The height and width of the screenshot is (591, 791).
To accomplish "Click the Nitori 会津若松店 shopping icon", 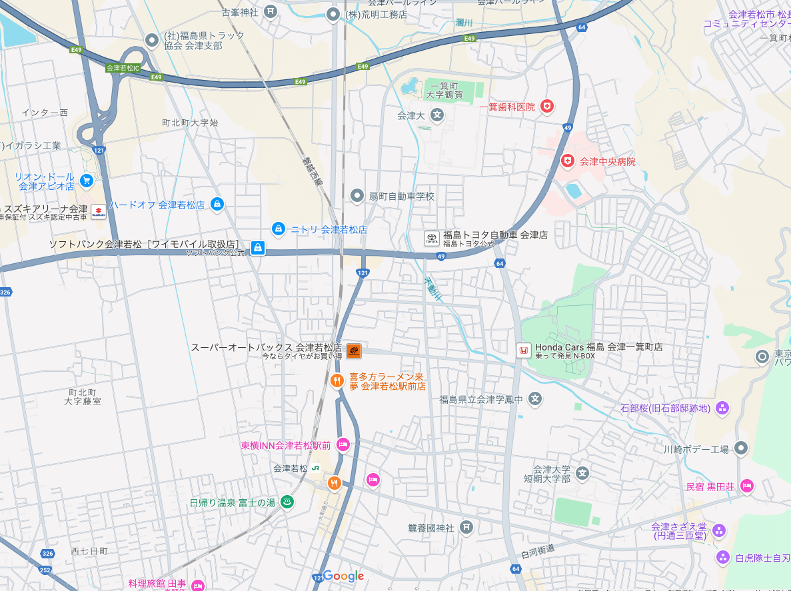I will pos(279,229).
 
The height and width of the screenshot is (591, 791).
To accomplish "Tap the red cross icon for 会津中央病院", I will pos(568,161).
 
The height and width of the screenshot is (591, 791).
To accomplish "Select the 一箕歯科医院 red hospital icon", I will pos(547,107).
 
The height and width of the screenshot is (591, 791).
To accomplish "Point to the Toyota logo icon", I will pos(432,239).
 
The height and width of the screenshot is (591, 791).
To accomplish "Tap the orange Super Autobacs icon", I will pos(354,350).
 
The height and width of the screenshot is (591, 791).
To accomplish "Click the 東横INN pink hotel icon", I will pos(343,444).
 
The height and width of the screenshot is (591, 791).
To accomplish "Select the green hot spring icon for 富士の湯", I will pos(287,502).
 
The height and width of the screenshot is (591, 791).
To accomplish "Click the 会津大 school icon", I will pos(437,115).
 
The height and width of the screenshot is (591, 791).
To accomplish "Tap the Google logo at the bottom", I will pos(344,576).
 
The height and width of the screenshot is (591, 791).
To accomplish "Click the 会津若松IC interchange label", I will pos(123,68).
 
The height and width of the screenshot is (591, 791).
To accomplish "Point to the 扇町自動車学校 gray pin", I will pos(358,196).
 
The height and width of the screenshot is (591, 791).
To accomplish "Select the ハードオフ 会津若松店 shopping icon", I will pos(217,205).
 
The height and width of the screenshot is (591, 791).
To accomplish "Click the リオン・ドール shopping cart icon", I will pos(86,181).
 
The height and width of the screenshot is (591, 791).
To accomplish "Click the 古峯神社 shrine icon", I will pos(271,11).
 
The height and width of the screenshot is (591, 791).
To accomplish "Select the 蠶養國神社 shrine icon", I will pos(466,528).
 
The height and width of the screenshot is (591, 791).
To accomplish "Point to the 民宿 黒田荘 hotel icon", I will pos(747,486).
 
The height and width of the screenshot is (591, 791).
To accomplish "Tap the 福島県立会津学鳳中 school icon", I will pos(534,399).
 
